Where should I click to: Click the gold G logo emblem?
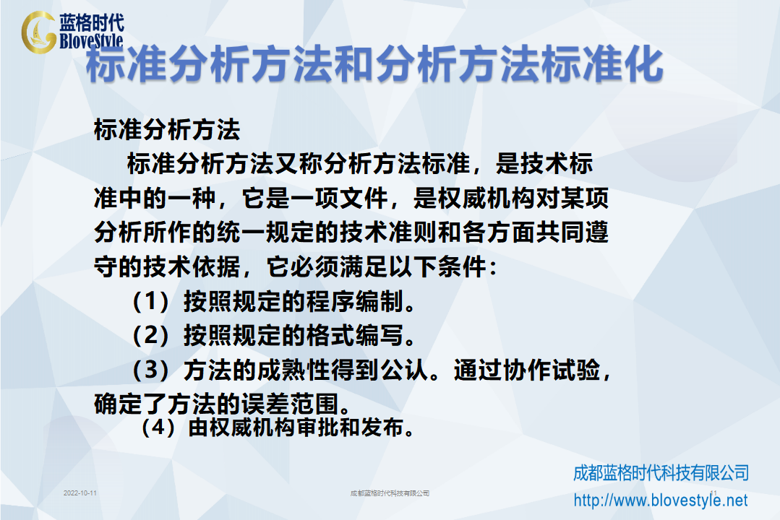[x=38, y=32]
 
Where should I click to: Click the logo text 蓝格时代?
[x=92, y=23]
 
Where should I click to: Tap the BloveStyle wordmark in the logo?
[x=92, y=40]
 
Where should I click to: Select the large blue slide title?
[x=374, y=64]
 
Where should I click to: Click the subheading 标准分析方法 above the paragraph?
[x=167, y=130]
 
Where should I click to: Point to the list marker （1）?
[x=151, y=301]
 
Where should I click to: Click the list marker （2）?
[x=151, y=335]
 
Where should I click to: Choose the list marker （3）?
[x=151, y=370]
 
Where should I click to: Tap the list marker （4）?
[x=159, y=427]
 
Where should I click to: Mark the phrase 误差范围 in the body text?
[x=289, y=404]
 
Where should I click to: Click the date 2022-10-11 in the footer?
[x=80, y=493]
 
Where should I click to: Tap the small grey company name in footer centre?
[x=390, y=493]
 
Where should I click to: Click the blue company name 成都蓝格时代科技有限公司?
[x=661, y=473]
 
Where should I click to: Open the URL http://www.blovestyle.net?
[x=661, y=500]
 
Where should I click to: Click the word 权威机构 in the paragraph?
[x=486, y=199]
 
